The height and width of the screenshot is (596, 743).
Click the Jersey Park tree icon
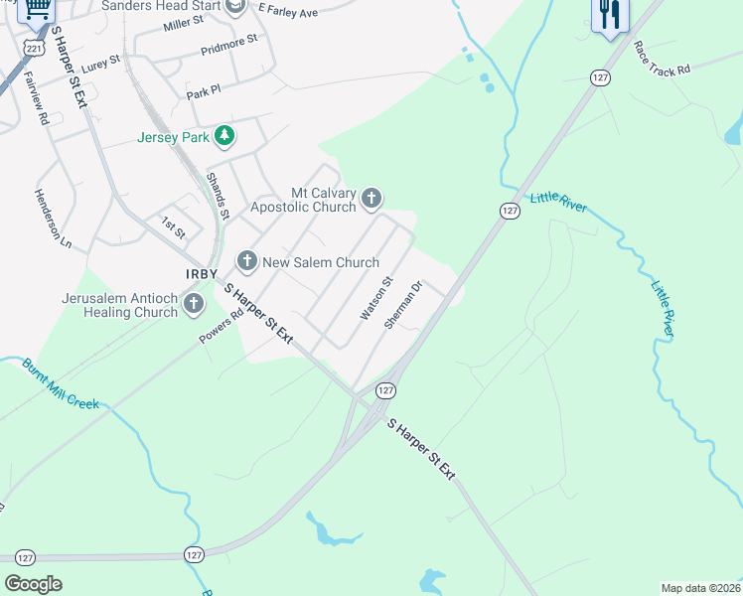[224, 136]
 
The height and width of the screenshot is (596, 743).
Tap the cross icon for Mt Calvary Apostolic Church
[371, 199]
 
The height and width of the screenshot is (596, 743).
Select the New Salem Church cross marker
[246, 261]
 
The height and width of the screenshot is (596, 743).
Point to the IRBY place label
[201, 274]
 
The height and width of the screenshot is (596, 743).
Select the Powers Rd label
[221, 329]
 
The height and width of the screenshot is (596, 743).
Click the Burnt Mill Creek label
[62, 383]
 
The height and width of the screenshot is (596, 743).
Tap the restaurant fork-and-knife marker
[609, 14]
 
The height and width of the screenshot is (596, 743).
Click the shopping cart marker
[37, 9]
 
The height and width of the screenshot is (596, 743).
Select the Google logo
[34, 584]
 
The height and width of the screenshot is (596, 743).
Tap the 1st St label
[174, 229]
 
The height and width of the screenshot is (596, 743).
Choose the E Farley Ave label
[287, 10]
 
